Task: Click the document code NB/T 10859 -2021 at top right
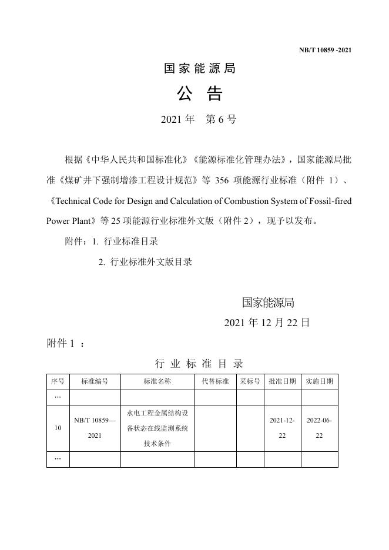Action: click(325, 50)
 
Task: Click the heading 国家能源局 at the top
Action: click(199, 69)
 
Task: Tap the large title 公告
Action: click(199, 94)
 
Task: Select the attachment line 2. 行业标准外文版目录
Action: click(145, 262)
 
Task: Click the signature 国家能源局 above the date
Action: click(268, 303)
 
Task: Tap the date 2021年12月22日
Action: click(267, 323)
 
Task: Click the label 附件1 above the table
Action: click(65, 344)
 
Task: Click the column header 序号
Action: click(58, 381)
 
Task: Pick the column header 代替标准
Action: click(215, 381)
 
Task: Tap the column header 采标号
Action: click(250, 381)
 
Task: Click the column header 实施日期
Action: click(319, 381)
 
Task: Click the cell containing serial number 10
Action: click(58, 428)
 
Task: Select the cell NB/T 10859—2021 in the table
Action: click(95, 428)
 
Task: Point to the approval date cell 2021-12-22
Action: click(282, 428)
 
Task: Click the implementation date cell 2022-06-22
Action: click(319, 428)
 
